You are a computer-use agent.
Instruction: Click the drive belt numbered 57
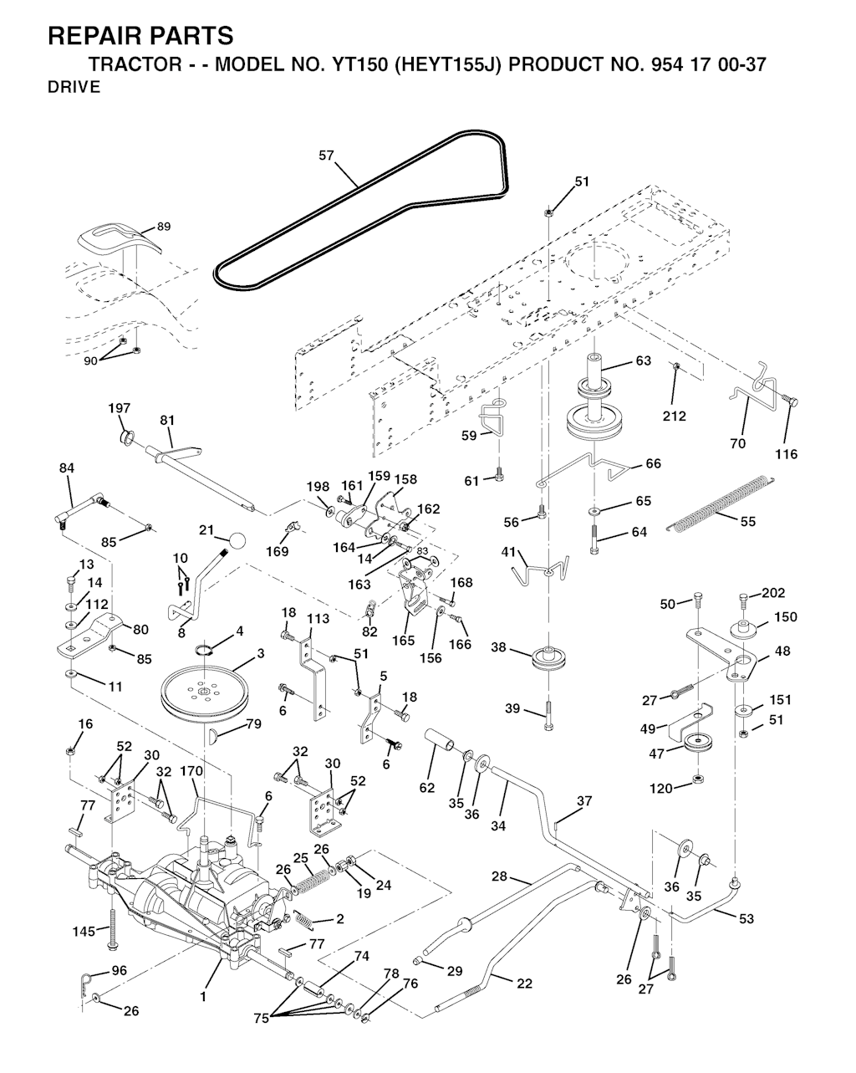[359, 187]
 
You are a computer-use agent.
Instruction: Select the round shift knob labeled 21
[237, 540]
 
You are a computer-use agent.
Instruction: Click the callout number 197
[120, 408]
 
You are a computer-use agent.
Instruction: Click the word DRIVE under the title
[74, 87]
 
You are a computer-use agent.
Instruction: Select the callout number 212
[674, 416]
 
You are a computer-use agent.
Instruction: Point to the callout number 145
[84, 931]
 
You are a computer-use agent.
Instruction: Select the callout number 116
[787, 454]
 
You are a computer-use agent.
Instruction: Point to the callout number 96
[120, 970]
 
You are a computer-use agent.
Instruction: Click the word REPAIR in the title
[94, 36]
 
